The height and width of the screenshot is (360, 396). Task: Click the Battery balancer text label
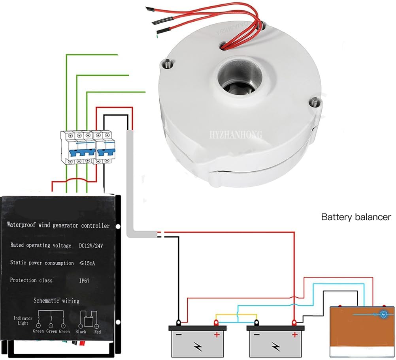[x=356, y=217]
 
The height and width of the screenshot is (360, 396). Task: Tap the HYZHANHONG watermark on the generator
[x=236, y=135]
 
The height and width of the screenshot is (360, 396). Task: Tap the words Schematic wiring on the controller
[x=57, y=301]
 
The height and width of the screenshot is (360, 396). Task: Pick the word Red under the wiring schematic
[x=97, y=332]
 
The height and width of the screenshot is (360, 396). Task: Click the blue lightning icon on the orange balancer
[x=383, y=315]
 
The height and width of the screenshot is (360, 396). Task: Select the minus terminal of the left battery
[x=179, y=323]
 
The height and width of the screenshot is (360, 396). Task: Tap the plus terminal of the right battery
[x=294, y=323]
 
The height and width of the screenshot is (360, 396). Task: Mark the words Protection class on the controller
[x=31, y=280]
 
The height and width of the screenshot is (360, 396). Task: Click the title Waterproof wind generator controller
[x=58, y=226]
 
